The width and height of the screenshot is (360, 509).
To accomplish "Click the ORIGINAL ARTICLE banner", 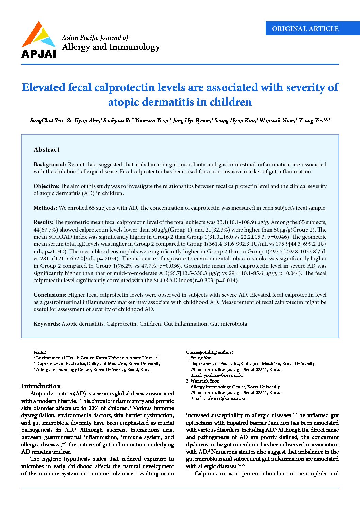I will coord(305,29).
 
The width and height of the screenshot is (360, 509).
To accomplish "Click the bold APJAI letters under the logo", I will coord(38,54).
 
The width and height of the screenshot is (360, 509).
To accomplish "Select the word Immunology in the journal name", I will coord(134,47).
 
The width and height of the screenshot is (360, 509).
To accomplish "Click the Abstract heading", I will coord(46,150).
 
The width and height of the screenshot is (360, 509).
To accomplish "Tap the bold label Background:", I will coord(50,165).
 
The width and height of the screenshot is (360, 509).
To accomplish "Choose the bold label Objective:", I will coord(46,186).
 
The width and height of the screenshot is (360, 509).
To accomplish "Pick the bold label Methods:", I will coord(45,208).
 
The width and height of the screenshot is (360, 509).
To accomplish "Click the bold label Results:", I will coord(43,222).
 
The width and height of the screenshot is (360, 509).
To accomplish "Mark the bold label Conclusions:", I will coord(50,295).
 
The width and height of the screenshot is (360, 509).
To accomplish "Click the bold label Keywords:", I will coord(47,324).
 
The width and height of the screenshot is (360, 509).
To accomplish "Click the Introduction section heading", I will coord(41,386).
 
